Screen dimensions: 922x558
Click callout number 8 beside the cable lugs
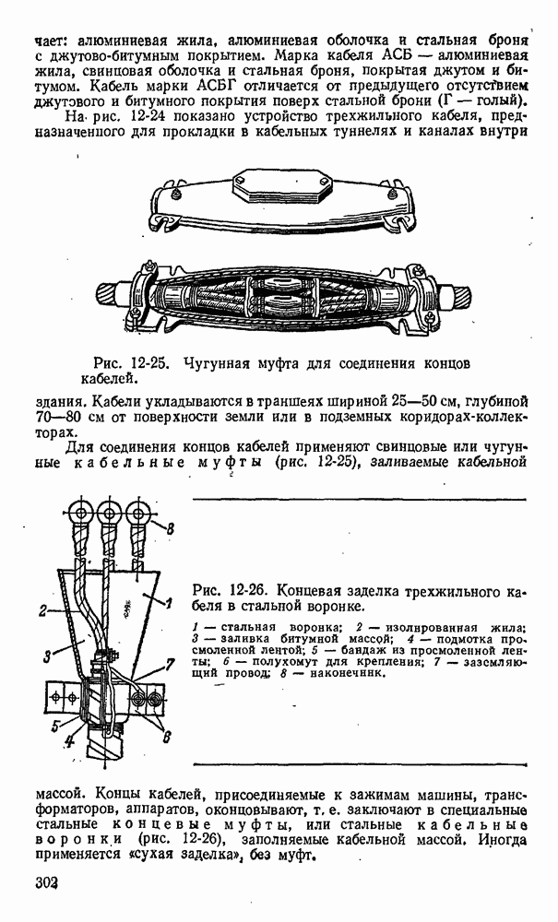pyautogui.click(x=170, y=527)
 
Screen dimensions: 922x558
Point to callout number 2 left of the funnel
pyautogui.click(x=42, y=610)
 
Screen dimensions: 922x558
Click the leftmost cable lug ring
pyautogui.click(x=80, y=513)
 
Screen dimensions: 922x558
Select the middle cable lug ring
pyautogui.click(x=110, y=513)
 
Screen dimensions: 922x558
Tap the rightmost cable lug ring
pyautogui.click(x=139, y=513)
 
